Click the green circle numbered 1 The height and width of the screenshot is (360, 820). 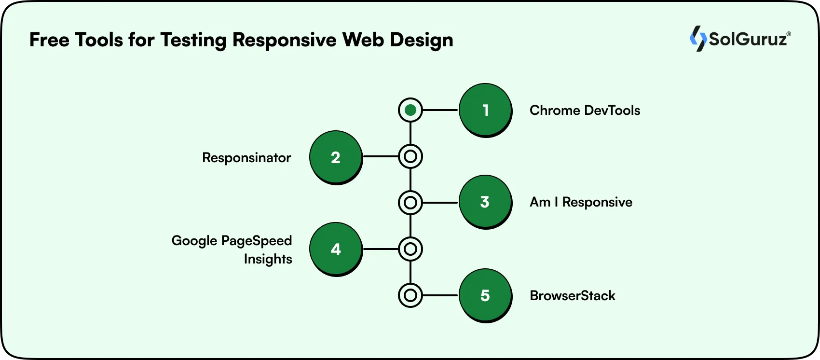485,110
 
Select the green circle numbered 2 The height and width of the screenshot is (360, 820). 335,157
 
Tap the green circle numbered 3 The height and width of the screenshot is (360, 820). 485,201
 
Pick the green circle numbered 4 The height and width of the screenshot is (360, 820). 335,249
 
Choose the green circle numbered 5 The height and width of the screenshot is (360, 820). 485,295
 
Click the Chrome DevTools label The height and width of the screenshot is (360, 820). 585,111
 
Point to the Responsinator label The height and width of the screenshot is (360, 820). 246,158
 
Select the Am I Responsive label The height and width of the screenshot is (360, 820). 581,202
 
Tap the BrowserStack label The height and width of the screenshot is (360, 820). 572,295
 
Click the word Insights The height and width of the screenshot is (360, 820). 268,259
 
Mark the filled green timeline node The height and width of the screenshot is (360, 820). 410,111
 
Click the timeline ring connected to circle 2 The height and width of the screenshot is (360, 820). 410,157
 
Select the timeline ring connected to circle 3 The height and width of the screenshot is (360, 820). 410,203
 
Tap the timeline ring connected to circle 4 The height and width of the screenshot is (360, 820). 410,249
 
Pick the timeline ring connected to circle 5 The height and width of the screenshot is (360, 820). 410,295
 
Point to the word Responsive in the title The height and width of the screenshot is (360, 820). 284,40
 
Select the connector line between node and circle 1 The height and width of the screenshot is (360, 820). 440,111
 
